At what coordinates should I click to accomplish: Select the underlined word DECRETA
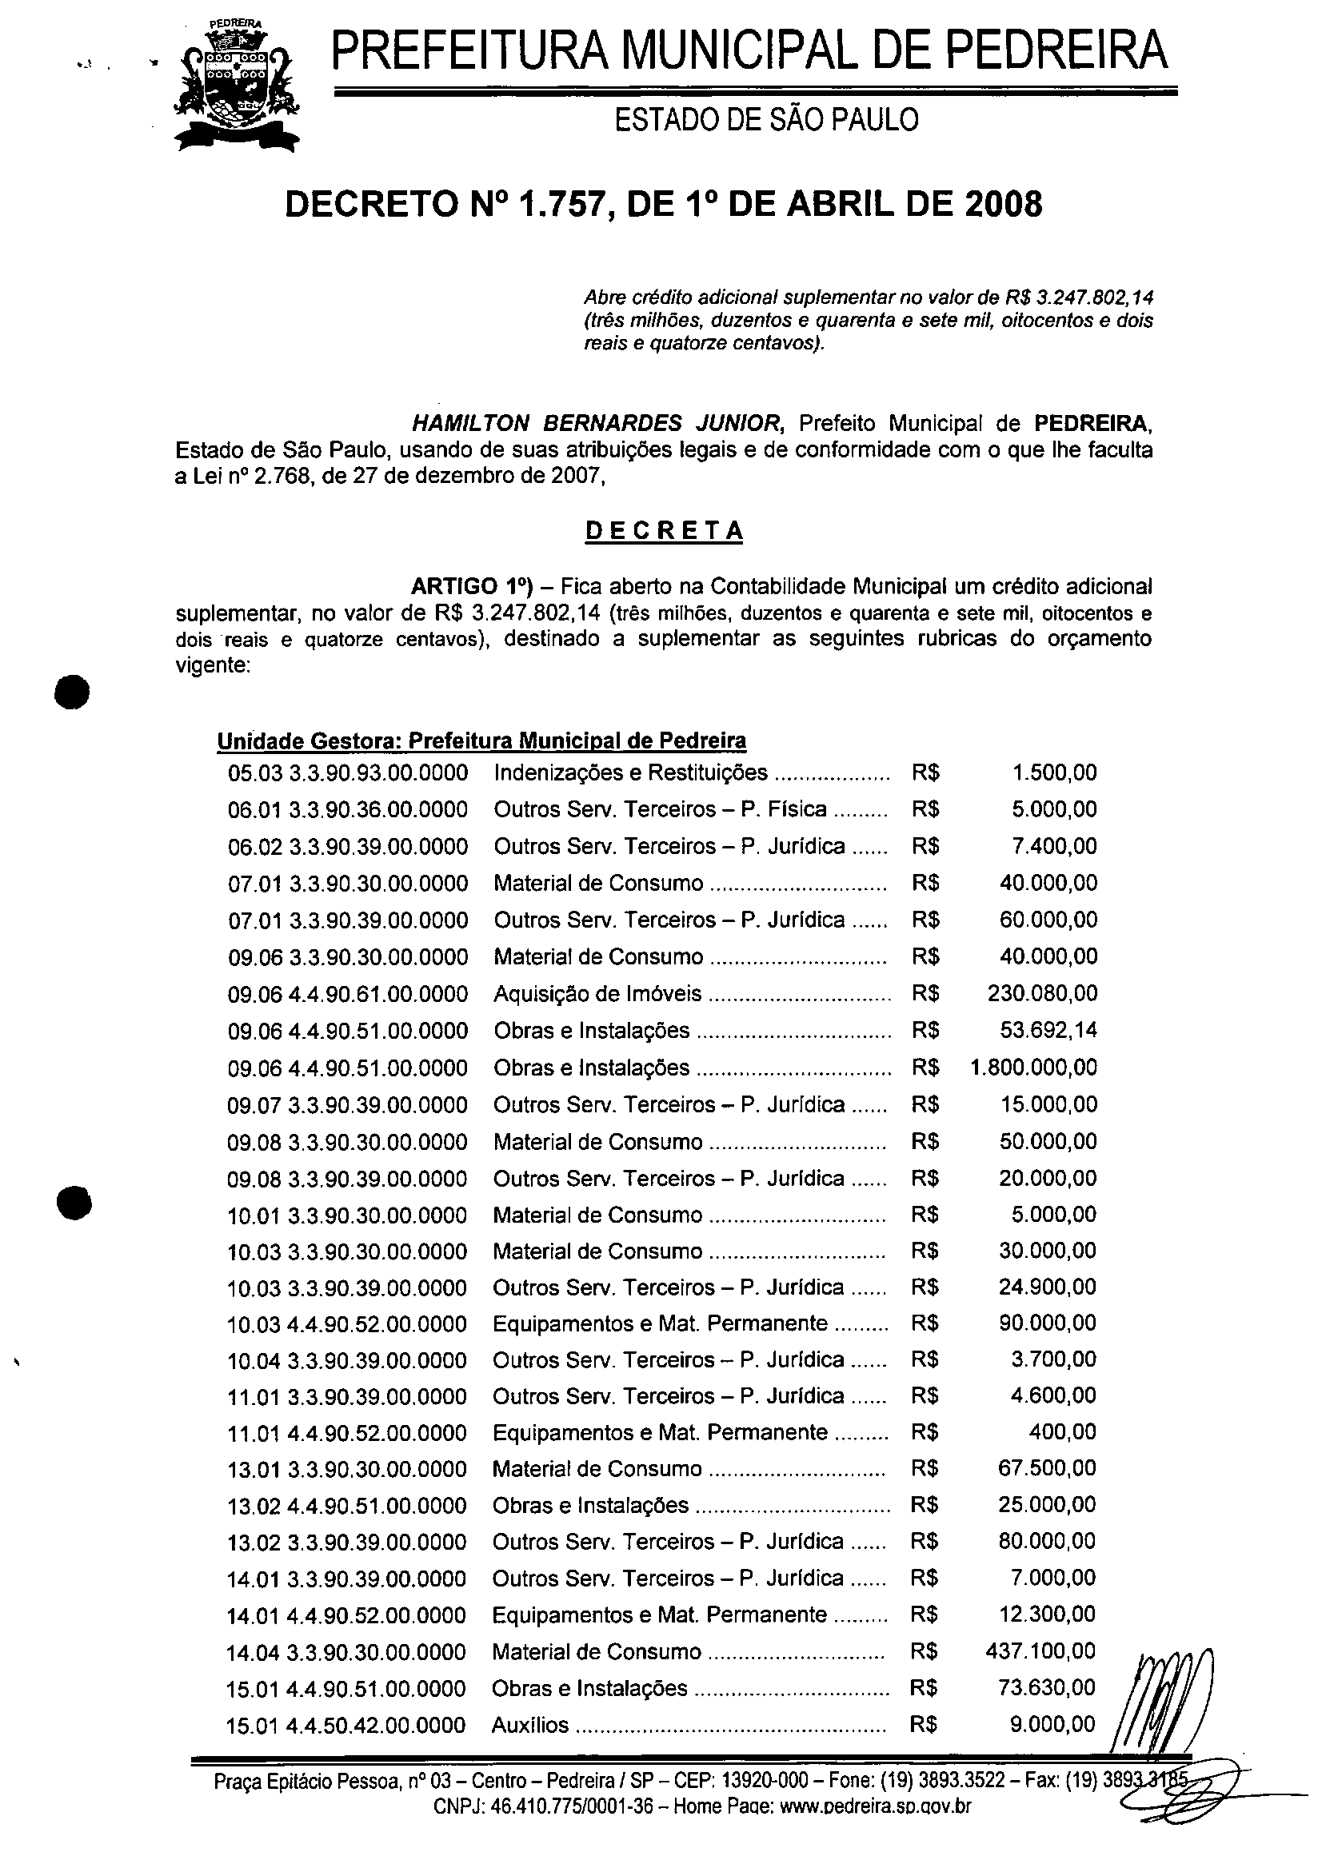point(665,531)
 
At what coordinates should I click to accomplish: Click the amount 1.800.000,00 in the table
point(1034,1067)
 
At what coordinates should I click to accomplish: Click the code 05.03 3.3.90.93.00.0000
point(348,772)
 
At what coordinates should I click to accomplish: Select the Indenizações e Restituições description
point(630,772)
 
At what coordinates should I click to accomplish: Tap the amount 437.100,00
point(1040,1650)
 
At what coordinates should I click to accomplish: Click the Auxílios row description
point(530,1725)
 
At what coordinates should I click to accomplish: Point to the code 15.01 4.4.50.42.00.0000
point(346,1725)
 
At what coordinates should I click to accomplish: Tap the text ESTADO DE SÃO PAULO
point(766,121)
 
